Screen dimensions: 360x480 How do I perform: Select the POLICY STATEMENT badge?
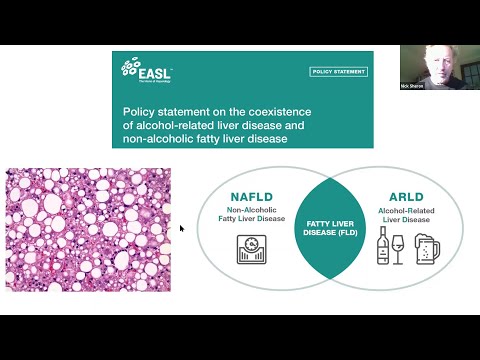[338, 72]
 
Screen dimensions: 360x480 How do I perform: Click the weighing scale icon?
[251, 250]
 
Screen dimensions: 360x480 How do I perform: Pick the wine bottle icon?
[382, 245]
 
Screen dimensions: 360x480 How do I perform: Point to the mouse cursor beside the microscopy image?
[181, 228]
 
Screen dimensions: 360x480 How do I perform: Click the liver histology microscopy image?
[88, 229]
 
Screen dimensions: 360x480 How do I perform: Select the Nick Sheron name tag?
[411, 86]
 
